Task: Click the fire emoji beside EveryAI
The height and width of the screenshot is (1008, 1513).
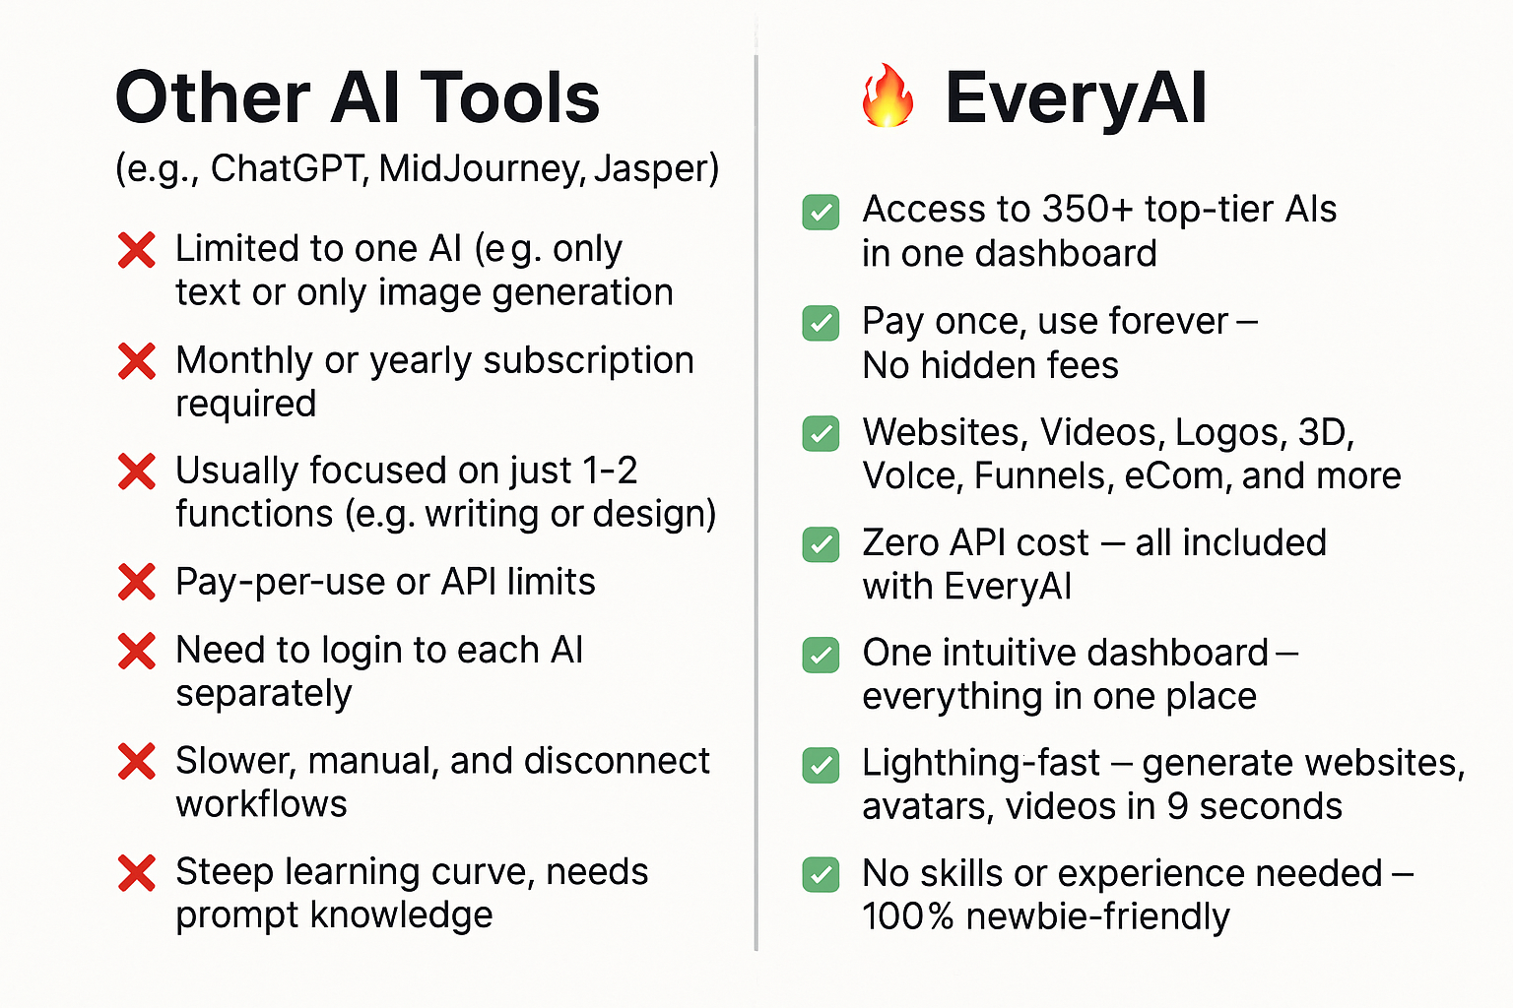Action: point(888,95)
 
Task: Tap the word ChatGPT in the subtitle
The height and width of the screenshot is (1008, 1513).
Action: point(289,168)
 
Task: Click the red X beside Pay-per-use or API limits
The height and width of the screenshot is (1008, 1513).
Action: point(137,582)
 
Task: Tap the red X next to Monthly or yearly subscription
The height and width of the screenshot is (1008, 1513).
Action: point(137,360)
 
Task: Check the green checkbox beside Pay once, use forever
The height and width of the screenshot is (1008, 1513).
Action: point(821,323)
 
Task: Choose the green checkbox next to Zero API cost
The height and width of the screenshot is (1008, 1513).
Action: point(821,544)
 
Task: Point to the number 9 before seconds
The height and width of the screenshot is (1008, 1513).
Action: point(1177,807)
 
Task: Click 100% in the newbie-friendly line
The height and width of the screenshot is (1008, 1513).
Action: point(908,916)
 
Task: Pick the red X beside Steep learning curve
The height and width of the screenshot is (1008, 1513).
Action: point(137,873)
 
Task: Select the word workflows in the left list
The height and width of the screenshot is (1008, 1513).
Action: point(261,804)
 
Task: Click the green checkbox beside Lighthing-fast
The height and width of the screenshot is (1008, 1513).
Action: point(821,765)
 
